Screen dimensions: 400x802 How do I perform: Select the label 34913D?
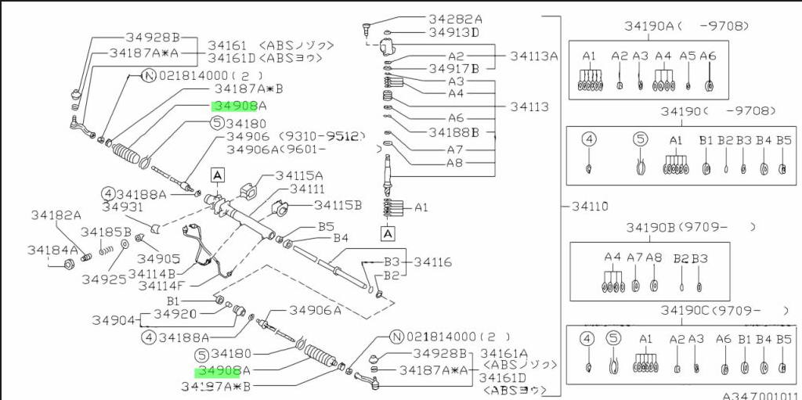click(x=454, y=33)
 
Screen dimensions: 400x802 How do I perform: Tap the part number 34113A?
click(x=534, y=56)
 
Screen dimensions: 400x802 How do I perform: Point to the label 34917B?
click(x=454, y=68)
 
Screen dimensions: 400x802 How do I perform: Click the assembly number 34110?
click(x=589, y=207)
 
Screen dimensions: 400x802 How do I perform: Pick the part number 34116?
click(x=432, y=262)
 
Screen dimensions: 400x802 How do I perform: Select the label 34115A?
click(x=295, y=175)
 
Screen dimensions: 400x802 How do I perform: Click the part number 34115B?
click(x=338, y=205)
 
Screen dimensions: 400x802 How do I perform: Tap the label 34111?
click(x=308, y=189)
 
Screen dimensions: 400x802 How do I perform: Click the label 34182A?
click(x=56, y=215)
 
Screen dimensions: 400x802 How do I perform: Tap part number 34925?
click(x=103, y=279)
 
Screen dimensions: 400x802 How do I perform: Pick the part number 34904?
click(x=115, y=319)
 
